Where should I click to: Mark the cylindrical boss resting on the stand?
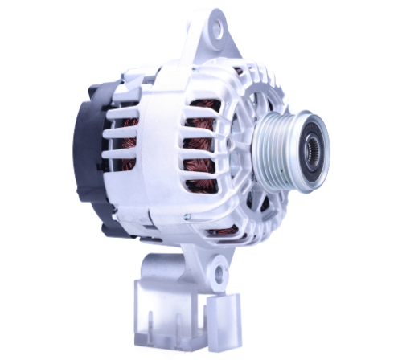(165, 266)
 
